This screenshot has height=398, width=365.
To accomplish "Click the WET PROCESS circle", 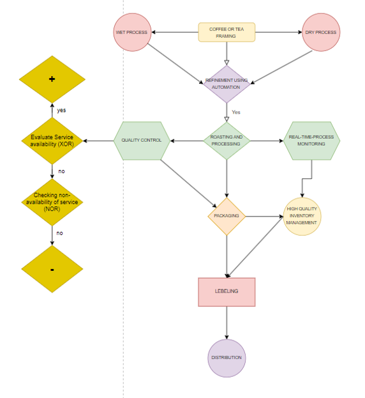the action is pyautogui.click(x=132, y=32).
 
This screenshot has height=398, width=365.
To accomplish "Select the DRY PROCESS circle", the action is pyautogui.click(x=321, y=32).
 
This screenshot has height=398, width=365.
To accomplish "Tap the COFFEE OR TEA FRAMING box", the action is pyautogui.click(x=227, y=32).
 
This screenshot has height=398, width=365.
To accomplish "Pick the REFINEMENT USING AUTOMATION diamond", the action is pyautogui.click(x=227, y=84).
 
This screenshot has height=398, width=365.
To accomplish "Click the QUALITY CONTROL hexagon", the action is pyautogui.click(x=142, y=141).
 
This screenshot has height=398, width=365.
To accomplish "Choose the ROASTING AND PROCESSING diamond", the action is pyautogui.click(x=227, y=141).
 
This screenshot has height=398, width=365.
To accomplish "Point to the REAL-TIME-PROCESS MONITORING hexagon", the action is pyautogui.click(x=311, y=141).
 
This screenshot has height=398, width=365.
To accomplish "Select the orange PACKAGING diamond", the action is pyautogui.click(x=227, y=217).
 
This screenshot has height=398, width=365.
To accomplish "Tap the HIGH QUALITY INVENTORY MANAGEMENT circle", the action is pyautogui.click(x=302, y=217).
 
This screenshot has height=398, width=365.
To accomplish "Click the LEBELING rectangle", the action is pyautogui.click(x=227, y=292).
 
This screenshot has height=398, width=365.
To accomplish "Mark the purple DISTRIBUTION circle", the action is pyautogui.click(x=227, y=358).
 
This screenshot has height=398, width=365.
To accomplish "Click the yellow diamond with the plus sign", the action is pyautogui.click(x=52, y=79).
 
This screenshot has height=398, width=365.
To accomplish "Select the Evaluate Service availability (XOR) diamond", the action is pyautogui.click(x=52, y=141).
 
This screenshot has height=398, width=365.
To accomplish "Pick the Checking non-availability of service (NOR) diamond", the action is pyautogui.click(x=52, y=203).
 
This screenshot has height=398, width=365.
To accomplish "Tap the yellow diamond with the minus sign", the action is pyautogui.click(x=52, y=269).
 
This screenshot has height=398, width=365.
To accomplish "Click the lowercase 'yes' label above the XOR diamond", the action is pyautogui.click(x=61, y=110).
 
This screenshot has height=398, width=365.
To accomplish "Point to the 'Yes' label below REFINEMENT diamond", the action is pyautogui.click(x=236, y=112).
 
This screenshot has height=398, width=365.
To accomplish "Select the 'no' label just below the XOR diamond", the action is pyautogui.click(x=61, y=171).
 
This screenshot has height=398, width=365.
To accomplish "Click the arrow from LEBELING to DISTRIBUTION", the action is pyautogui.click(x=227, y=323).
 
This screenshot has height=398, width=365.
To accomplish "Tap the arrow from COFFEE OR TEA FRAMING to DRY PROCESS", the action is pyautogui.click(x=279, y=32).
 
